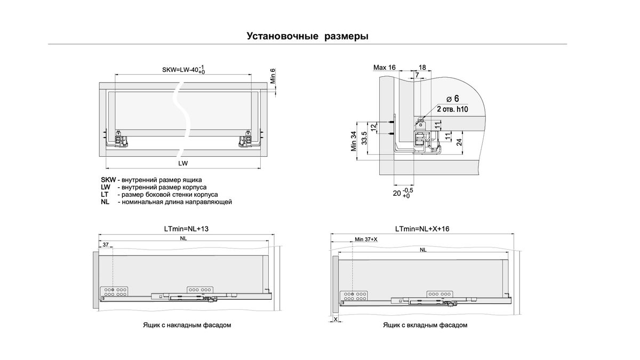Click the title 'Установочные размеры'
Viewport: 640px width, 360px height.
(308, 36)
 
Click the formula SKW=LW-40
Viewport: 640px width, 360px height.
(181, 70)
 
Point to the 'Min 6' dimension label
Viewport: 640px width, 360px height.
(273, 77)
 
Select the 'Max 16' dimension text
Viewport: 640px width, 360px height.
(384, 68)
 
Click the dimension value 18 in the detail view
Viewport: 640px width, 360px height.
(422, 68)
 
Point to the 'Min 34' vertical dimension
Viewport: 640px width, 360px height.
(354, 141)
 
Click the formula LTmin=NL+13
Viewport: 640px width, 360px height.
(186, 228)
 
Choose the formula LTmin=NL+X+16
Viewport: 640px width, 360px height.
(422, 228)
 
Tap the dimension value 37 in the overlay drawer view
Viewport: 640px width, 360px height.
(105, 245)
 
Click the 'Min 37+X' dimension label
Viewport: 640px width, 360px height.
(366, 239)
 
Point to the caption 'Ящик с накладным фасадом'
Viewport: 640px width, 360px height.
(187, 325)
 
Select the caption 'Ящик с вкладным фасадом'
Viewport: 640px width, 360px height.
(425, 325)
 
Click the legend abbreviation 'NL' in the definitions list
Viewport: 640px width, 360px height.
(105, 202)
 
